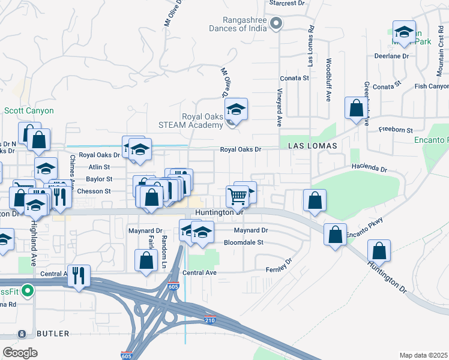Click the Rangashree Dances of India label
pyautogui.click(x=238, y=23)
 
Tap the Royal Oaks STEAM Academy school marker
pyautogui.click(x=237, y=110)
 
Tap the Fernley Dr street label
pyautogui.click(x=279, y=264)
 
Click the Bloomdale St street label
pyautogui.click(x=244, y=242)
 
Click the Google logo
pyautogui.click(x=20, y=352)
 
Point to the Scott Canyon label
pyautogui.click(x=29, y=110)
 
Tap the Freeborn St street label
pyautogui.click(x=396, y=130)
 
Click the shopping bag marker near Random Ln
pyautogui.click(x=146, y=261)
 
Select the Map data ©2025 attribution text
pyautogui.click(x=423, y=355)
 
